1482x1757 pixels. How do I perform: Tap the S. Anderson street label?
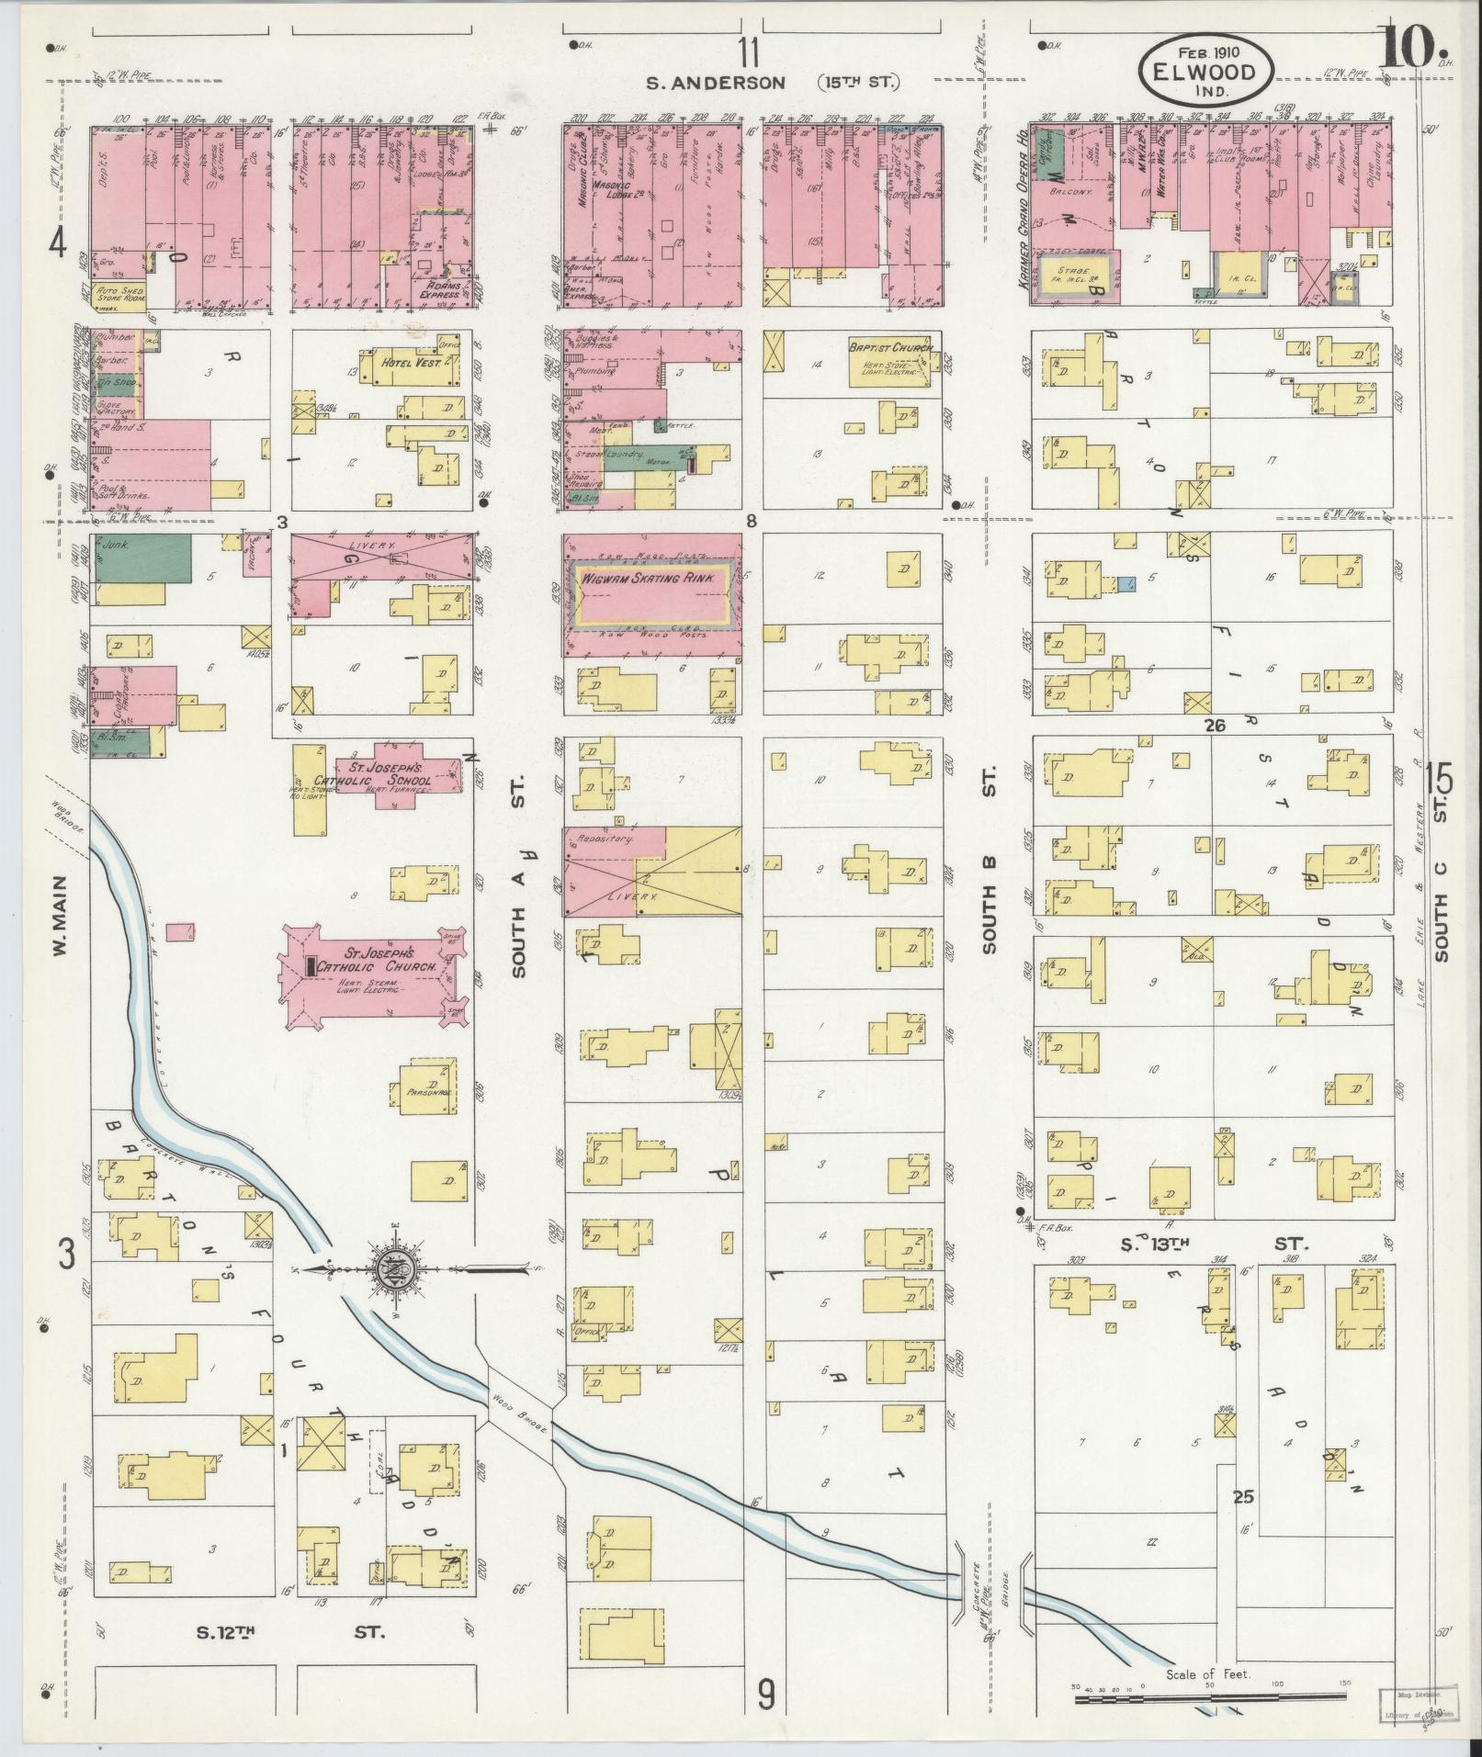click(716, 84)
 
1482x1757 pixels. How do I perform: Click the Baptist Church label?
click(890, 348)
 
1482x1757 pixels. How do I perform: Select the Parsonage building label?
click(427, 1093)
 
